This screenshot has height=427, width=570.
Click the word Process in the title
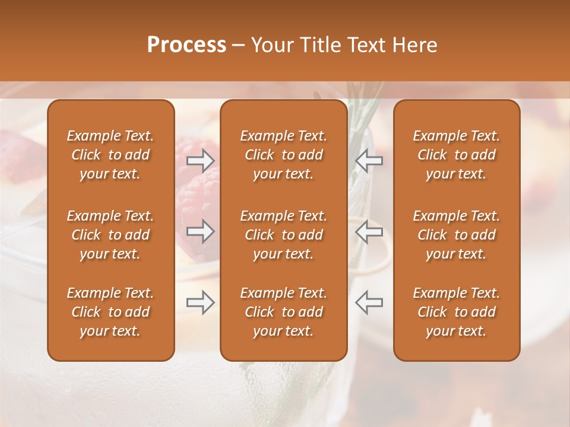(x=186, y=45)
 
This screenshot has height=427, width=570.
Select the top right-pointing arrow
(x=200, y=160)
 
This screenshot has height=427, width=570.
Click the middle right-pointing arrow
(x=200, y=231)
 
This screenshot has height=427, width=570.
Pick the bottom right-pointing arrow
(x=200, y=302)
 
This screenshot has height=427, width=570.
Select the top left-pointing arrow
(x=369, y=160)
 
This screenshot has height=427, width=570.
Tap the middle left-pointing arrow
(x=369, y=231)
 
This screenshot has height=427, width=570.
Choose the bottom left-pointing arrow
(x=369, y=302)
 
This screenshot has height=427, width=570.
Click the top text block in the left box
(x=110, y=155)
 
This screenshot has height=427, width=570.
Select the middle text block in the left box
(x=110, y=235)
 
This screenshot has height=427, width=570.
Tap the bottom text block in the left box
(x=110, y=312)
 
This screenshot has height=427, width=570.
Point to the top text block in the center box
(x=283, y=155)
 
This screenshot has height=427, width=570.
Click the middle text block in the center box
(x=283, y=235)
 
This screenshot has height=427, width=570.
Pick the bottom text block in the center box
(x=283, y=312)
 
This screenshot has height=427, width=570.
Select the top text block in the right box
(x=457, y=155)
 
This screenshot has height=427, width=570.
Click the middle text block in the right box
(x=457, y=235)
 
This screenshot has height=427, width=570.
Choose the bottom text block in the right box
(x=457, y=312)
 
